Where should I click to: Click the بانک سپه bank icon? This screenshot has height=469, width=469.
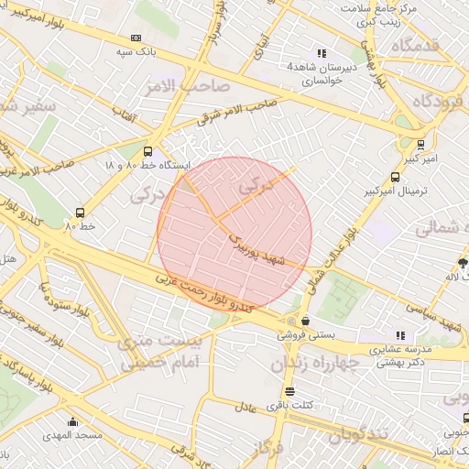coord(136,38)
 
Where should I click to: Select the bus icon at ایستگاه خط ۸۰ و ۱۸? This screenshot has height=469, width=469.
coord(147,151)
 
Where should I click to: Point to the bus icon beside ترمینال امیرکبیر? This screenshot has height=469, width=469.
coord(395,177)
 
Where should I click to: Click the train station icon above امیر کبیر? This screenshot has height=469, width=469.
coord(420,144)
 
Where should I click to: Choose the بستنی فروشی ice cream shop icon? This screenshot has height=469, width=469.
coord(304,321)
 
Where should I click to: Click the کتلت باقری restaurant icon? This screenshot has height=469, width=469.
coord(290,392)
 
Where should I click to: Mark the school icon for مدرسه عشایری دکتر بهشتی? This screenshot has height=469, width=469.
coord(399,335)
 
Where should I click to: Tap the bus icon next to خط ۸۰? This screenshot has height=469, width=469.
coord(81,211)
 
